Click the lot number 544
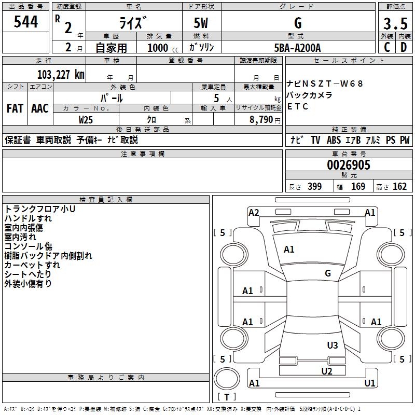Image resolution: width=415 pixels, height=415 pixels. tap(26, 22)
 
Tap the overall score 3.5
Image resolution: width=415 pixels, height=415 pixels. tap(395, 24)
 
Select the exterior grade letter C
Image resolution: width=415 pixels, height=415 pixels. tap(386, 47)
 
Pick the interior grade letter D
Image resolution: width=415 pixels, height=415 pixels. tap(404, 47)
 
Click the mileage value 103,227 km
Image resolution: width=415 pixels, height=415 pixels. tap(61, 74)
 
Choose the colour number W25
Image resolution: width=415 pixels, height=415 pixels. tap(87, 119)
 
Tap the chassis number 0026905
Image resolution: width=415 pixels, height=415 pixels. tap(349, 165)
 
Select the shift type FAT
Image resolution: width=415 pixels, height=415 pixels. tap(15, 108)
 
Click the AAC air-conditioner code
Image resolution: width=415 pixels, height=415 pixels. tap(40, 108)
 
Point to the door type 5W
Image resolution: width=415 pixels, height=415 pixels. tap(202, 24)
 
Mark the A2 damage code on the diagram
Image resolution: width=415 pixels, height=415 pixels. tap(254, 212)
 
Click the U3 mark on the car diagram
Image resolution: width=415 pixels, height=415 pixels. tap(333, 345)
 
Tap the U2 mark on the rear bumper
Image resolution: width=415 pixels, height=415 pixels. tap(326, 370)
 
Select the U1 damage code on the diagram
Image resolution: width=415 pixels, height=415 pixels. tap(370, 383)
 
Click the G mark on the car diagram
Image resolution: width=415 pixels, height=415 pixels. tap(328, 273)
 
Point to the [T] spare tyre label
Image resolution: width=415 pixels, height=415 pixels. tap(226, 397)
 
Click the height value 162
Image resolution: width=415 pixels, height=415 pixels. tap(399, 186)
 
